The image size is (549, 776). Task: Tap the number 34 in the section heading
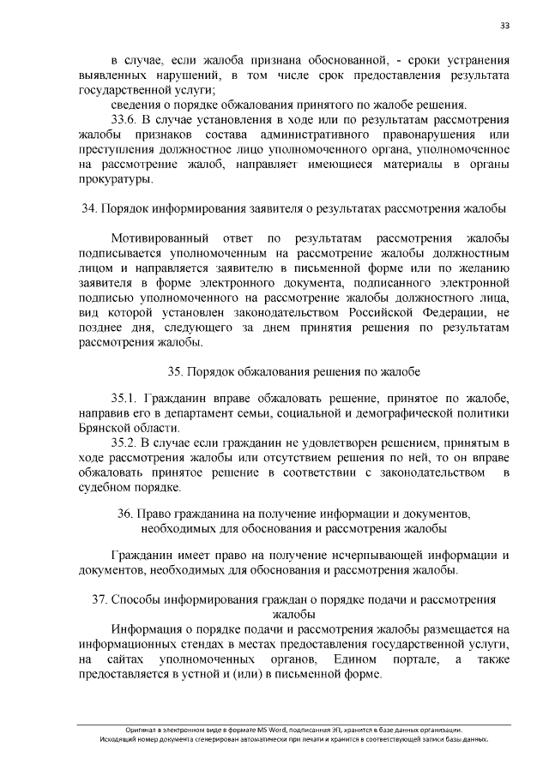pyautogui.click(x=87, y=208)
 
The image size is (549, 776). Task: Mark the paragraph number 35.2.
pyautogui.click(x=125, y=442)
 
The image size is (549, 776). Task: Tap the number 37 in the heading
pyautogui.click(x=99, y=598)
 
